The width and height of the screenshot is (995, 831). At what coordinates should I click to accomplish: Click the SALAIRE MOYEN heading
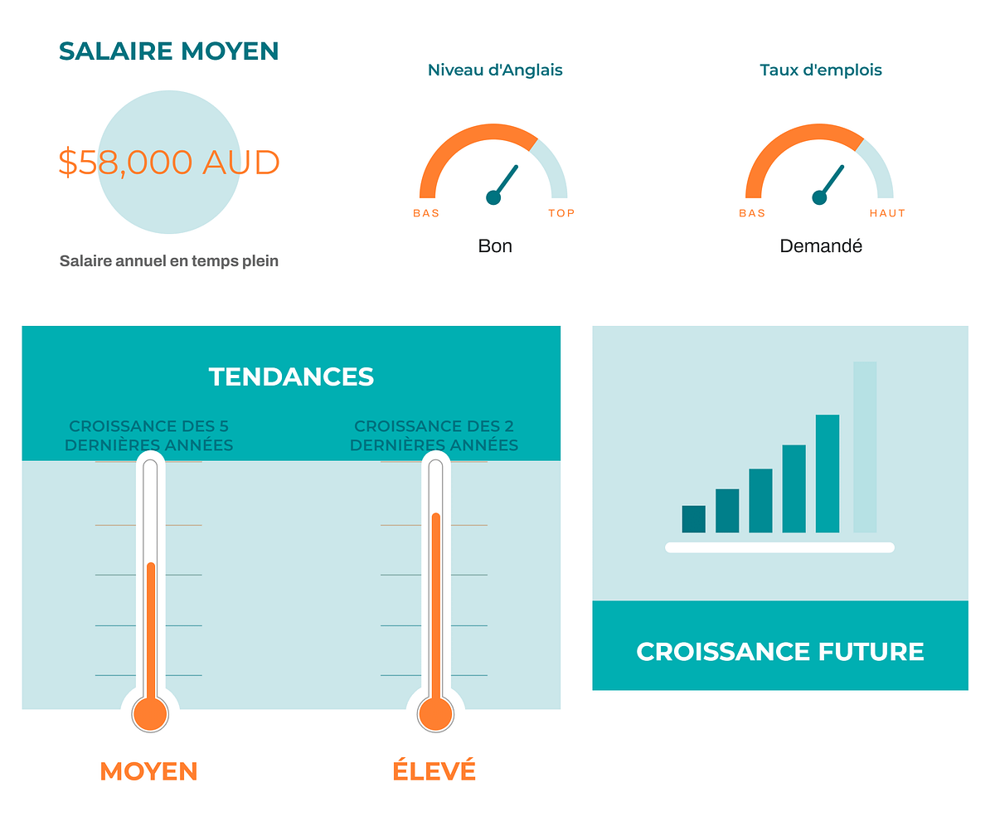168,51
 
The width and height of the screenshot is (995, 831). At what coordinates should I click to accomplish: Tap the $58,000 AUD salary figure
168,162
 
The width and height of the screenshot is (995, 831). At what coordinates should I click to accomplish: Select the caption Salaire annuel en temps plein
168,260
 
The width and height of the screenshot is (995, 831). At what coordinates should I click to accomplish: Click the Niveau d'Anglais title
495,70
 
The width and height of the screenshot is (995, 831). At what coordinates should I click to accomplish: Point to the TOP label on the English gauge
561,213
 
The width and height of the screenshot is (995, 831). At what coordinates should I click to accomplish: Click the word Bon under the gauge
495,246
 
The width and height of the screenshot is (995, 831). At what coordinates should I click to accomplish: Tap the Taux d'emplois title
821,70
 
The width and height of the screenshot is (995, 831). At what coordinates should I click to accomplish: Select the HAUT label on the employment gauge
887,213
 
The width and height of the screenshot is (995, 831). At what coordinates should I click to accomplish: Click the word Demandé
821,246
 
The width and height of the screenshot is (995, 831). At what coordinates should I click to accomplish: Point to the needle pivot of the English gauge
493,197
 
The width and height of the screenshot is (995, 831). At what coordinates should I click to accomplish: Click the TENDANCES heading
291,377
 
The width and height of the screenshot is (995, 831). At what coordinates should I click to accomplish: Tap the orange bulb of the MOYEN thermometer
150,714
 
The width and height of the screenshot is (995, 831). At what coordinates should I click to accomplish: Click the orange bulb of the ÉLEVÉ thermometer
435,714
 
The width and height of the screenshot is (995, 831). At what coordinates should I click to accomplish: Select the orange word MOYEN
148,771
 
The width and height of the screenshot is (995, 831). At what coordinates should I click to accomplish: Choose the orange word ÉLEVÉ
434,770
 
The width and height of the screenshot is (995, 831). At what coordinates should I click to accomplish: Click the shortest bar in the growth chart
693,519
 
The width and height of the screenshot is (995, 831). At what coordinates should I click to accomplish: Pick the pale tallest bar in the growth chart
865,447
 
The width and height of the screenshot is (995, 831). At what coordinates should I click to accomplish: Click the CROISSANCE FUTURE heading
780,652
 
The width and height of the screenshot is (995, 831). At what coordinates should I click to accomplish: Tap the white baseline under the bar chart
779,547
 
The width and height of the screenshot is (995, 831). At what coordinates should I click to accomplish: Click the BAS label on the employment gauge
752,213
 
